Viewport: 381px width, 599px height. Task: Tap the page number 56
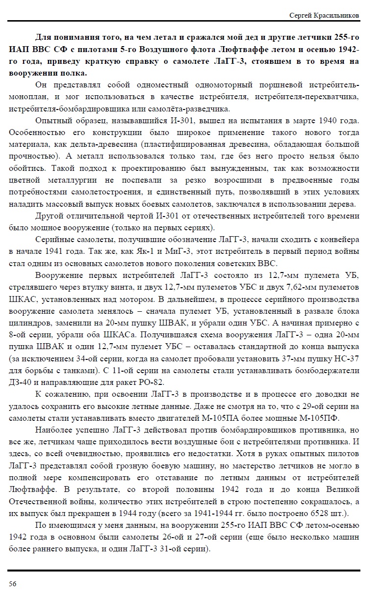(x=12, y=583)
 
